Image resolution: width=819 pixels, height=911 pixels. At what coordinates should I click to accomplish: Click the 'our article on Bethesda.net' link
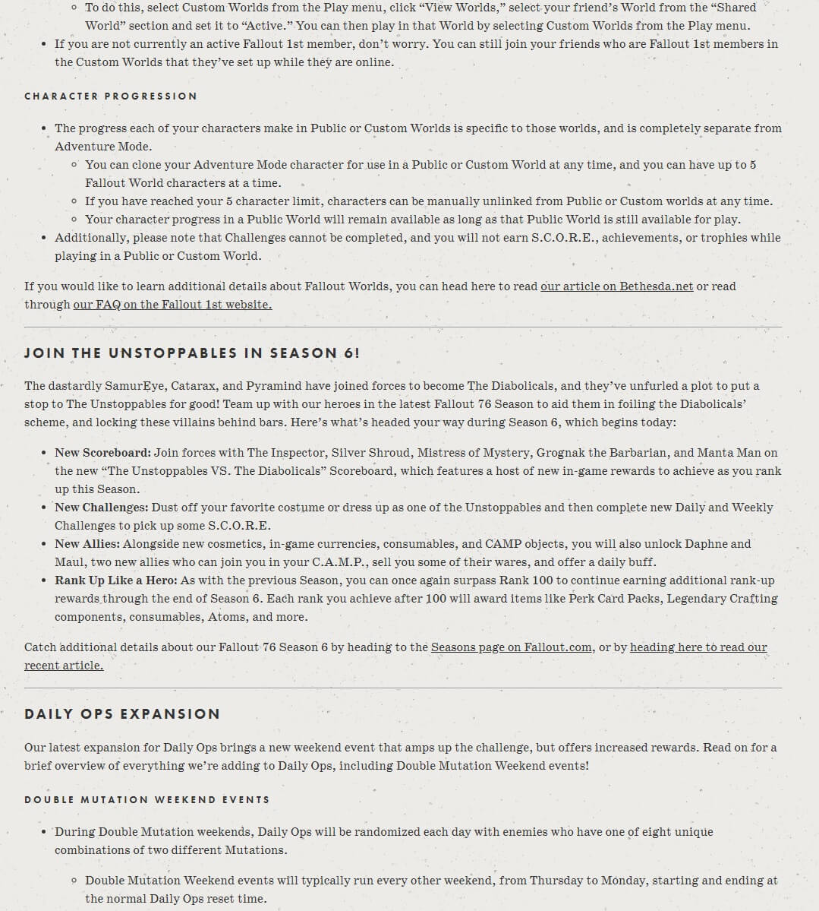click(616, 286)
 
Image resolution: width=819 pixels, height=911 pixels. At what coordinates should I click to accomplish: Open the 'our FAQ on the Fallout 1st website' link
click(172, 305)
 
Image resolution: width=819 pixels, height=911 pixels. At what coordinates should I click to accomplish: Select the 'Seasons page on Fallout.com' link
click(511, 647)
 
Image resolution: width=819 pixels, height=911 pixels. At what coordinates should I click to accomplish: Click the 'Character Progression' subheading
click(111, 96)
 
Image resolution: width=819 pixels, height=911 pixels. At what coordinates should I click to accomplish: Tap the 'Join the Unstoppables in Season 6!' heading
click(192, 353)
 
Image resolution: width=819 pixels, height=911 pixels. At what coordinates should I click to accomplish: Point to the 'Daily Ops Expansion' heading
click(122, 714)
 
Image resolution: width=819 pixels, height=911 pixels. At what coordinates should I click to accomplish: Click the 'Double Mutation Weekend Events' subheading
click(147, 800)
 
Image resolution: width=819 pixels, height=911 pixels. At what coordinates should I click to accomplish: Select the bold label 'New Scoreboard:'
click(103, 453)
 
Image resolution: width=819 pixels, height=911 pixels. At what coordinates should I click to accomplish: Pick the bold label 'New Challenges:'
click(102, 508)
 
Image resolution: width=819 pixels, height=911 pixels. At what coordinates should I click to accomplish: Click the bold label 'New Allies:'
click(87, 544)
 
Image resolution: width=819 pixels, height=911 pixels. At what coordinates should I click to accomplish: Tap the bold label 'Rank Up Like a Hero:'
click(115, 580)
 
